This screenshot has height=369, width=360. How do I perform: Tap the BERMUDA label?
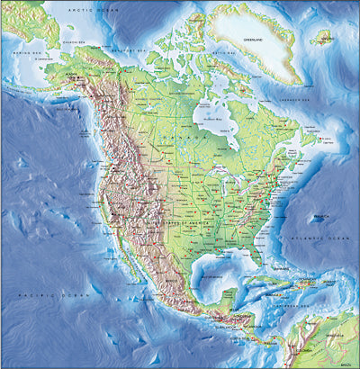pyautogui.click(x=319, y=218)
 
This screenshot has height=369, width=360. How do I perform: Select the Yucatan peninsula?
pyautogui.click(x=220, y=292)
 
